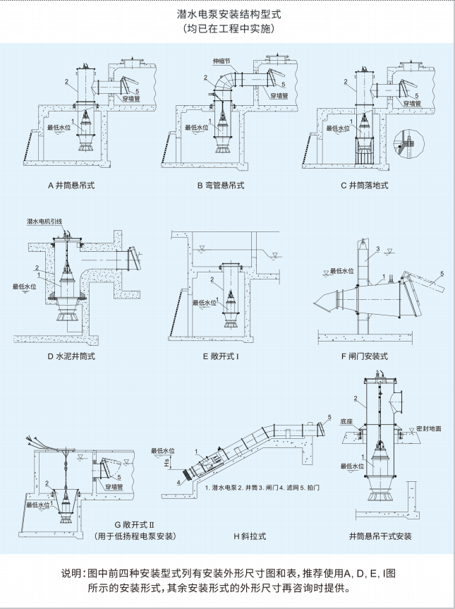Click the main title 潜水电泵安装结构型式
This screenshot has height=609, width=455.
click(227, 14)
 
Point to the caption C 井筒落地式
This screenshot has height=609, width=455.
click(364, 186)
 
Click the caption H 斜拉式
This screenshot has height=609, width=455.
click(250, 536)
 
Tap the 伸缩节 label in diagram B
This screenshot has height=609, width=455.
click(222, 61)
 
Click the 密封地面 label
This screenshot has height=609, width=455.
click(430, 428)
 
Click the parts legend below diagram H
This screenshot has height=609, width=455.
click(262, 488)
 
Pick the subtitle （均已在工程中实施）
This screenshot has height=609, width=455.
click(227, 30)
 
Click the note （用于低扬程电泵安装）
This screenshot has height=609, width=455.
click(135, 536)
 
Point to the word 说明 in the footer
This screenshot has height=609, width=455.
click(73, 572)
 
